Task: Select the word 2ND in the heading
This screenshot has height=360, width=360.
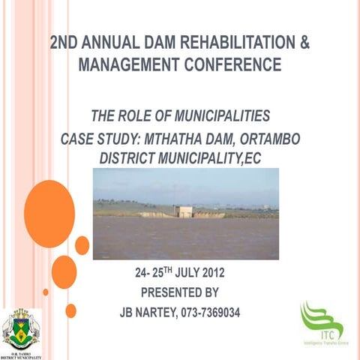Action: click(x=65, y=43)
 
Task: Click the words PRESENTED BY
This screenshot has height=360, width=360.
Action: click(x=180, y=292)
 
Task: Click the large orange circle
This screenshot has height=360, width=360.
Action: click(x=49, y=214)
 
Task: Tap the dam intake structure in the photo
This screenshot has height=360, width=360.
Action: click(x=184, y=211)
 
